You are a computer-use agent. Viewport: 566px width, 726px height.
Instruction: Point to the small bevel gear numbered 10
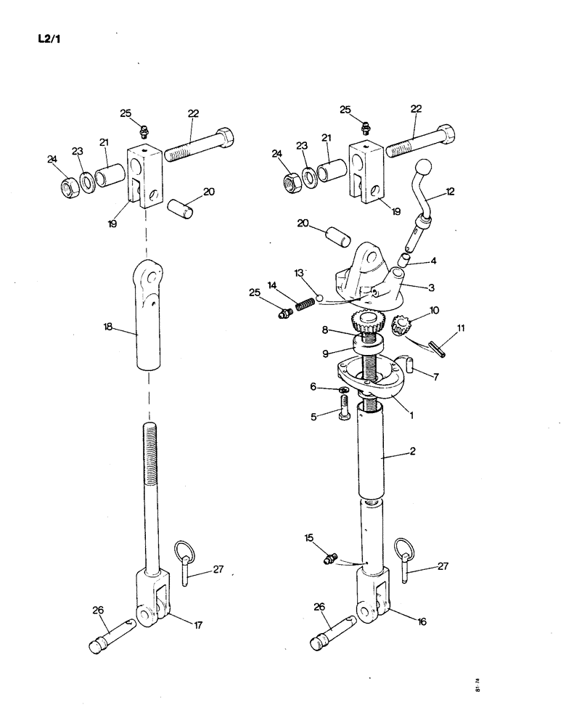tap(402, 326)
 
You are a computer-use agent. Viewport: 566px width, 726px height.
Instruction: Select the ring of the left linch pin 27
tap(181, 550)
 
